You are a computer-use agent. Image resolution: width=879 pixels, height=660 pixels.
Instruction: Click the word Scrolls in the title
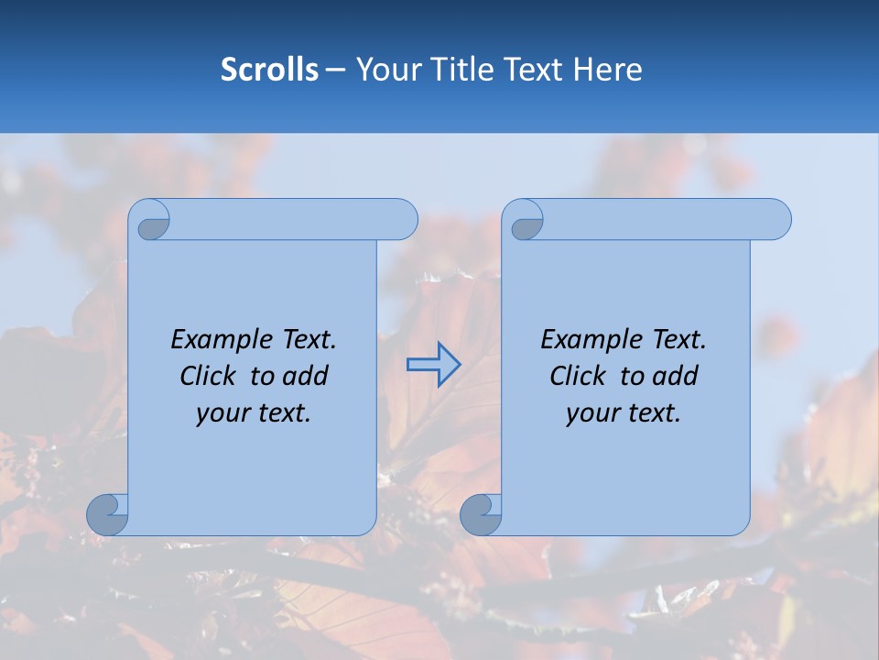click(x=269, y=70)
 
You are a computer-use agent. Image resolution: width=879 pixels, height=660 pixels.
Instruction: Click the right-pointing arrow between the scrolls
click(x=433, y=365)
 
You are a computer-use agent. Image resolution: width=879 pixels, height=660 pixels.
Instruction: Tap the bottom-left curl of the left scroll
click(x=107, y=513)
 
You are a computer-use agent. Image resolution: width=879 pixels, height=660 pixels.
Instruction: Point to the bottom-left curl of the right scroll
click(x=481, y=513)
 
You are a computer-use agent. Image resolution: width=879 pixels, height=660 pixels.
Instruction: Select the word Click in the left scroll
click(x=206, y=376)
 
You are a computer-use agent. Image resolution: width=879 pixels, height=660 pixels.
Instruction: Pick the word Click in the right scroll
click(x=577, y=376)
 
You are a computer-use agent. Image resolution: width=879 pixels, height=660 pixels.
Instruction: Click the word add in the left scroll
click(x=305, y=376)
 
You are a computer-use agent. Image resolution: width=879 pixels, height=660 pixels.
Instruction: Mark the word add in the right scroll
click(x=675, y=376)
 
